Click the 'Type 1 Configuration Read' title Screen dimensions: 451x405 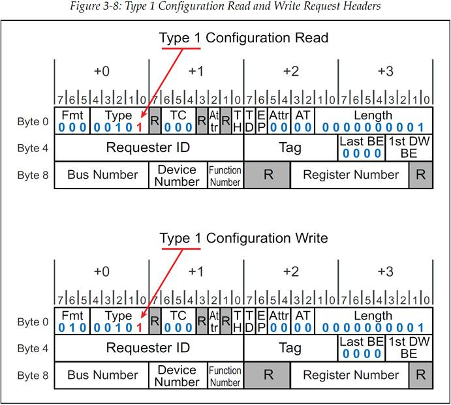[243, 38]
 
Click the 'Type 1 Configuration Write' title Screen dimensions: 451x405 [243, 238]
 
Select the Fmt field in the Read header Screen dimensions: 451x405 [72, 121]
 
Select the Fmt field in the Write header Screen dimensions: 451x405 [72, 321]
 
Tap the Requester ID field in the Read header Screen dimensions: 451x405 [149, 148]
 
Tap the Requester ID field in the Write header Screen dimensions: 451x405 [149, 348]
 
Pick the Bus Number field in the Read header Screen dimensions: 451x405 [102, 175]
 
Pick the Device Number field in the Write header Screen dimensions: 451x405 [178, 375]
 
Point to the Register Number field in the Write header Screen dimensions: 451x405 [350, 375]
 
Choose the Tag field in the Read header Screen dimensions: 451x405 [290, 148]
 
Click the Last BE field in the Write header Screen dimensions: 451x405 [362, 348]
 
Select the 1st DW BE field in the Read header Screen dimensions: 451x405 [409, 148]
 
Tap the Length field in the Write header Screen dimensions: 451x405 [373, 321]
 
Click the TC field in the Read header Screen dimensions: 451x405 [179, 121]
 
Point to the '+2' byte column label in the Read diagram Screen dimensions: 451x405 [291, 71]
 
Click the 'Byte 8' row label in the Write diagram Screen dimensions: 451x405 [33, 376]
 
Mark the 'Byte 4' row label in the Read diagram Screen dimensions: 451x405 [33, 148]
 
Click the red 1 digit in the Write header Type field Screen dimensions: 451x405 [140, 327]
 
